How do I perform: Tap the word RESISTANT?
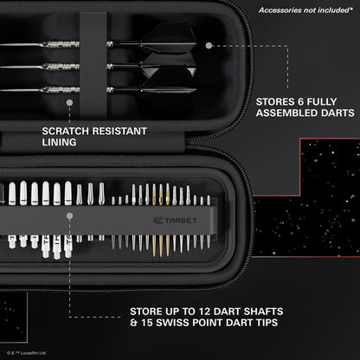tap(120, 132)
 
